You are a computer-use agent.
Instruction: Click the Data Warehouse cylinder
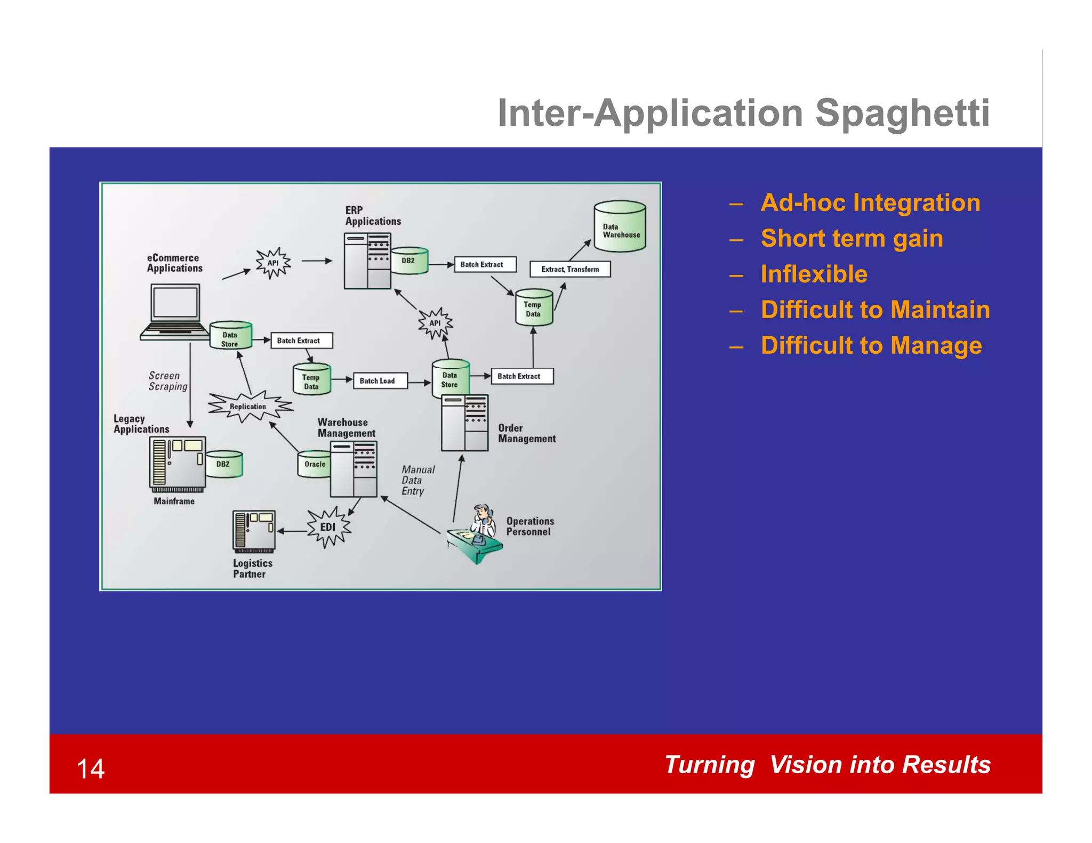pos(620,226)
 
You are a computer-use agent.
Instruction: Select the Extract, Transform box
pos(569,269)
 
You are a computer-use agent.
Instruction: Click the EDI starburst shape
pos(328,527)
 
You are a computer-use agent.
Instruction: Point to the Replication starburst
pos(249,406)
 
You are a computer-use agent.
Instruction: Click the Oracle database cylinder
pos(314,464)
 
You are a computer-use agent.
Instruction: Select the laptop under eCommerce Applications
pos(175,311)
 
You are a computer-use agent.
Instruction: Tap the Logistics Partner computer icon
pos(254,531)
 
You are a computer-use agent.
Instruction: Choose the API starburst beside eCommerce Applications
pos(272,263)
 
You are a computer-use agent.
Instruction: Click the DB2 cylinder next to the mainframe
pos(224,464)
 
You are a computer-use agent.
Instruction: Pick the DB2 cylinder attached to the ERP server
pos(409,261)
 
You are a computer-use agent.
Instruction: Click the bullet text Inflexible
pos(814,274)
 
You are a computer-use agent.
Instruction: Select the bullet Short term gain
pos(852,238)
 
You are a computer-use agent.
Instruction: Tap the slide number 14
pos(91,769)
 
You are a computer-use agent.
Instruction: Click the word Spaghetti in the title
pos(902,114)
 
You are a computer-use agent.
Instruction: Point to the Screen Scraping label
pos(168,381)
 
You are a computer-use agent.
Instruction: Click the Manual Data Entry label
pos(417,480)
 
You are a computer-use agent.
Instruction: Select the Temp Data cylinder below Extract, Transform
pos(534,309)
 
